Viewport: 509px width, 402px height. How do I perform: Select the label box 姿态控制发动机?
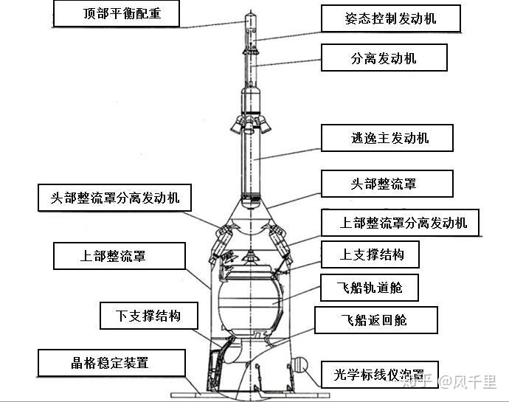pos(390,18)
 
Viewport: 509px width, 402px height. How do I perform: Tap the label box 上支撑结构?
pos(370,255)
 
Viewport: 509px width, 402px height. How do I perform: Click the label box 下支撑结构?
pos(148,316)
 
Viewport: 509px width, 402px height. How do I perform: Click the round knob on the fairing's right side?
pos(299,364)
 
